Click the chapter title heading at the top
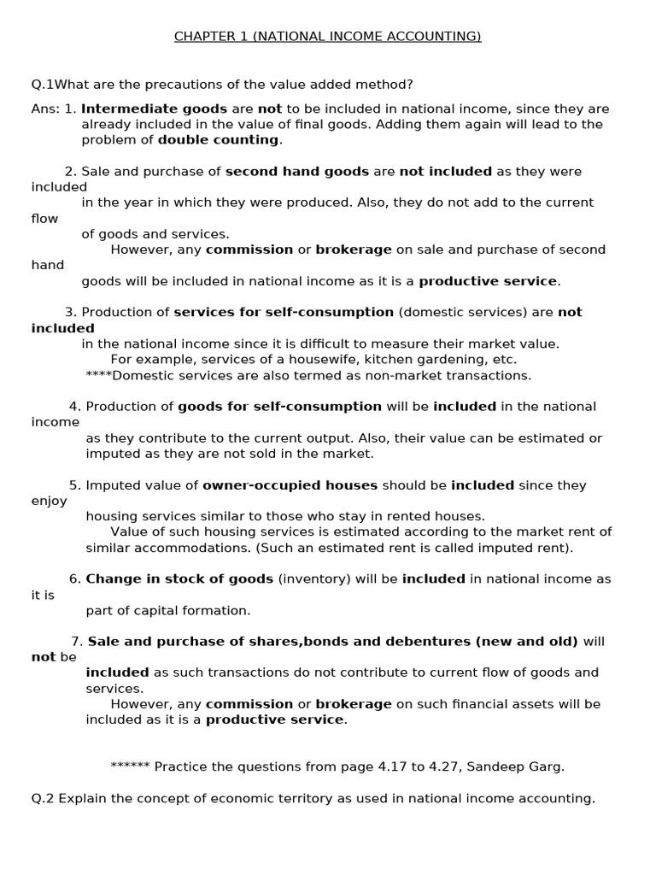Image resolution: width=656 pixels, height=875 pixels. [x=328, y=36]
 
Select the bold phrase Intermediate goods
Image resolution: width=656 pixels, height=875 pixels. [x=154, y=109]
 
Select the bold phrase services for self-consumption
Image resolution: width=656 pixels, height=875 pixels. [x=284, y=312]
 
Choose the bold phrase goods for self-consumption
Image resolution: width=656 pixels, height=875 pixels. [x=279, y=407]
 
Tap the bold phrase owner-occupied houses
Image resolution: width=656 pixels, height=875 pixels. [x=290, y=485]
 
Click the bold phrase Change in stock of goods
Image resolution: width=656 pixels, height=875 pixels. [x=179, y=578]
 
